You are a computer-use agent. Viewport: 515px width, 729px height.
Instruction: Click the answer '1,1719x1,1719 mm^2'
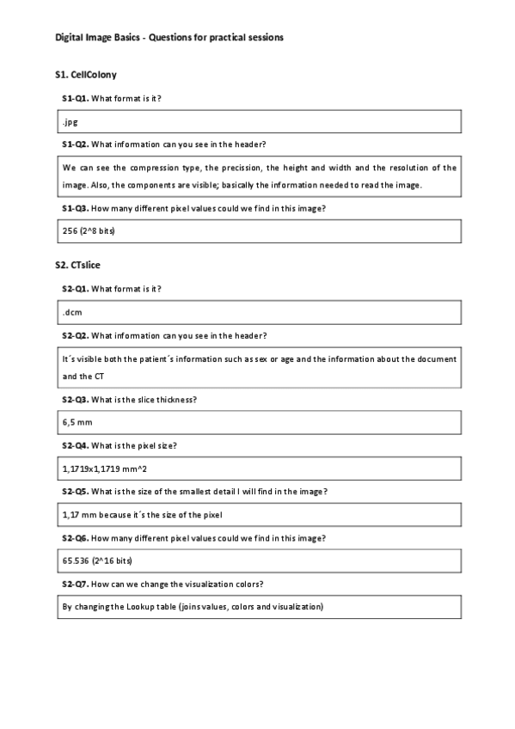(x=100, y=469)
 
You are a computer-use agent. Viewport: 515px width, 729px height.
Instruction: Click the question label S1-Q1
(x=75, y=99)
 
